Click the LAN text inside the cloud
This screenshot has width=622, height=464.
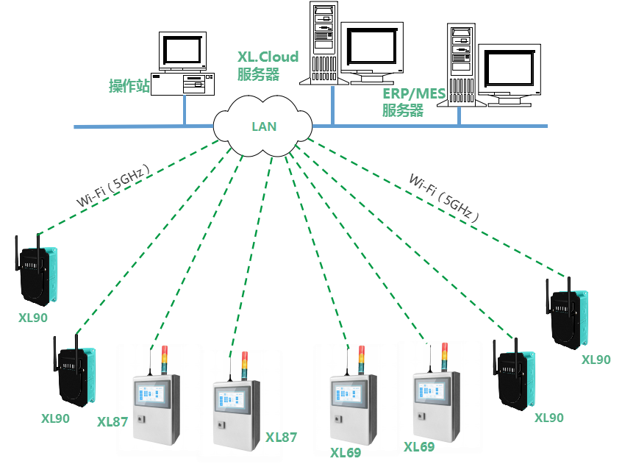[x=264, y=126]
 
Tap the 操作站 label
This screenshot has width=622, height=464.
[x=129, y=86]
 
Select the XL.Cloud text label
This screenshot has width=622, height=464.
[x=268, y=57]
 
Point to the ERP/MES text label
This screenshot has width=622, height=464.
[x=412, y=93]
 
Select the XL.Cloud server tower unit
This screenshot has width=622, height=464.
[x=323, y=43]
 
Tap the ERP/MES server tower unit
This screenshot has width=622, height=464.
[x=460, y=65]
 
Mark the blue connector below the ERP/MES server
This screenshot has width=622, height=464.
[x=460, y=116]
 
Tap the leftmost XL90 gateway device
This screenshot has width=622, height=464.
[x=36, y=272]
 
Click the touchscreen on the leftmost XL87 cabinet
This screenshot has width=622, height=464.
[x=153, y=396]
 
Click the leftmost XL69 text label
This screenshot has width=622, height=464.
[x=345, y=452]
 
